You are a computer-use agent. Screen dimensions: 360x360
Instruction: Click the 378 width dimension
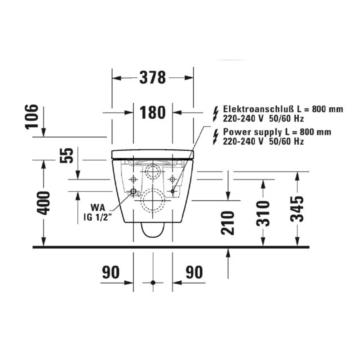point(153,78)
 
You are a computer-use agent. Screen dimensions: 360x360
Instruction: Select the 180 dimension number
point(152,112)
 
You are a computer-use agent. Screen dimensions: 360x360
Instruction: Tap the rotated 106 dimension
point(31,117)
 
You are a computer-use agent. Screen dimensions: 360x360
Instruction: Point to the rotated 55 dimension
point(67,155)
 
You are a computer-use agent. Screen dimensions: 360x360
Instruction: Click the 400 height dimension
point(44,203)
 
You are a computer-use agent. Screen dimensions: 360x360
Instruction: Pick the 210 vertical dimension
point(228,223)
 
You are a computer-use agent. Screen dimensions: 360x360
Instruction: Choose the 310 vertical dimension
point(263,213)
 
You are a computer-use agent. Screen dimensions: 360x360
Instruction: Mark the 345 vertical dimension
point(297,209)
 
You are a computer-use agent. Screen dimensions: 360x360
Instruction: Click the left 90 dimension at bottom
point(111,272)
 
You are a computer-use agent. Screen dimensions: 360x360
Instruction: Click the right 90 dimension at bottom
point(194,272)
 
